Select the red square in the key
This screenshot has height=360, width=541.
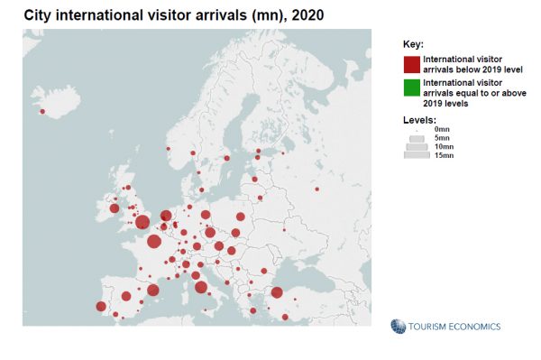click(x=412, y=64)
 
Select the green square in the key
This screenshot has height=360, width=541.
click(x=412, y=87)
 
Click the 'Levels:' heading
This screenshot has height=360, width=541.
click(x=419, y=119)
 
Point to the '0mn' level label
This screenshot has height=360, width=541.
click(x=441, y=130)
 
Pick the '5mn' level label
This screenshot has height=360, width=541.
click(x=441, y=138)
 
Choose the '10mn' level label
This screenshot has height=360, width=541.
click(x=443, y=146)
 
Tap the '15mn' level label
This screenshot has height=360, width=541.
click(x=443, y=155)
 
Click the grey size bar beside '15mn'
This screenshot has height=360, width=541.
click(x=417, y=155)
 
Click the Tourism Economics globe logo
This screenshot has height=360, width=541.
click(x=398, y=326)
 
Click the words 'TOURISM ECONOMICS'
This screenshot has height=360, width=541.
click(x=454, y=327)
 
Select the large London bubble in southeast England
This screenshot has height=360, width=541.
click(x=142, y=223)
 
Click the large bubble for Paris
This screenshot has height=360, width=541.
click(x=154, y=241)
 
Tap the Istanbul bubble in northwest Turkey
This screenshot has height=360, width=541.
click(x=277, y=292)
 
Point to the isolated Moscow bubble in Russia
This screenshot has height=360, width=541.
click(x=317, y=189)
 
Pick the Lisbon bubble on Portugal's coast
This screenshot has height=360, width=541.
click(x=101, y=307)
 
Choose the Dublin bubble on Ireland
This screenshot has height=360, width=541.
click(x=115, y=208)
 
